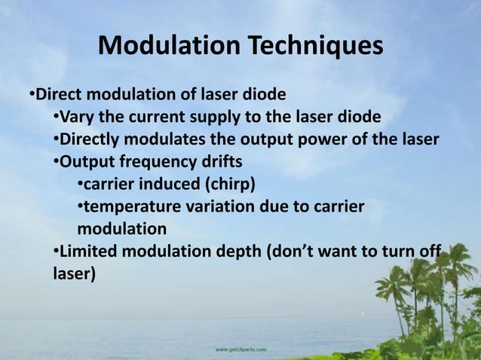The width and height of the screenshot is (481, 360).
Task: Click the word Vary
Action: tap(77, 117)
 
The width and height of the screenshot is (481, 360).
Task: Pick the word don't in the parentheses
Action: tap(301, 250)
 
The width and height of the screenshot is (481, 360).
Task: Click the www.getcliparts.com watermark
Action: tap(240, 349)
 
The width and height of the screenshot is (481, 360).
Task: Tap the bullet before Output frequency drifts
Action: tap(56, 161)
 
